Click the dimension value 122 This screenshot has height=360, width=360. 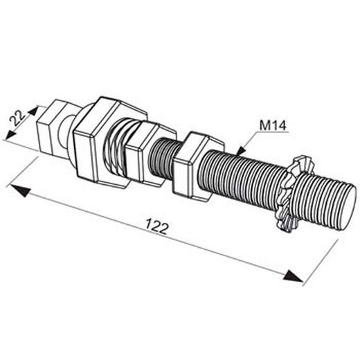point(156,226)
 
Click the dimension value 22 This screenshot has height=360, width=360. point(17,118)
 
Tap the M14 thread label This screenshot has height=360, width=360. point(273,125)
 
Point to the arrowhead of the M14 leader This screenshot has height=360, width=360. point(240,151)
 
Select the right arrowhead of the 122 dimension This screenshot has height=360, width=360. point(293,276)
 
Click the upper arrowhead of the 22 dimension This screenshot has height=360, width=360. point(33,110)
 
